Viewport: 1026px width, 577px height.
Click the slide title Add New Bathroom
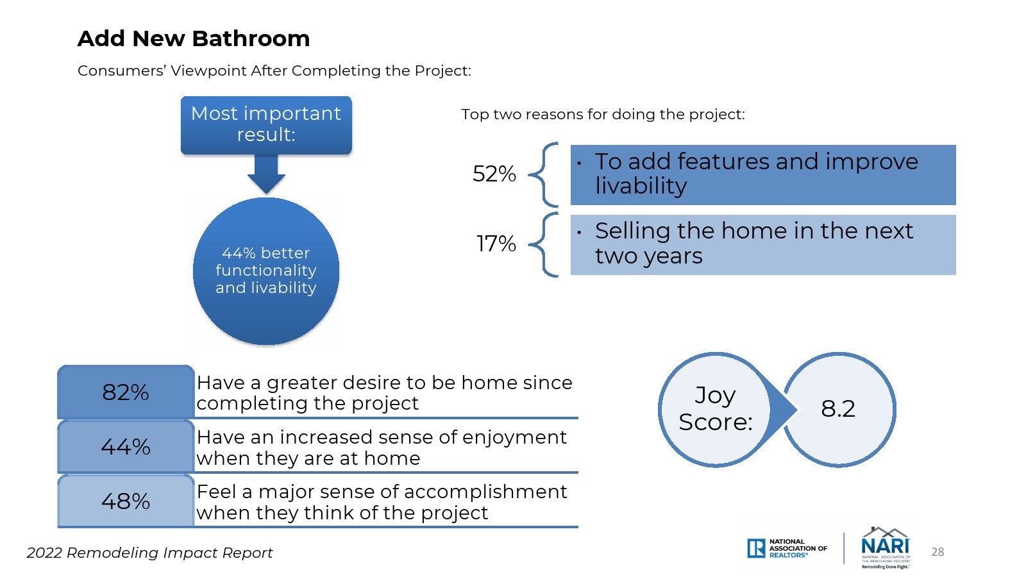[193, 38]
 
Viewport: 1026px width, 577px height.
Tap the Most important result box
[266, 125]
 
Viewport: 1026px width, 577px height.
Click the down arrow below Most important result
[266, 174]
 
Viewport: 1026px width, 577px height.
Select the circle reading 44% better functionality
[266, 271]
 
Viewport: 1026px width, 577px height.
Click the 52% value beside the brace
[494, 174]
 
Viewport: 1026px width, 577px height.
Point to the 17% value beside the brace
[496, 244]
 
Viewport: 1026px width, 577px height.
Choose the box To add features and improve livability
[763, 175]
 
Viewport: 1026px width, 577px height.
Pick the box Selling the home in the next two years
[763, 244]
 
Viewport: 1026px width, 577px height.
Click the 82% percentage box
[126, 392]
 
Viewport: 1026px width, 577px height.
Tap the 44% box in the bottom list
[126, 446]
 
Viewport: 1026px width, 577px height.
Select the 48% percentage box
[126, 501]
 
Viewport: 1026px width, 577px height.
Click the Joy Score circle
[716, 410]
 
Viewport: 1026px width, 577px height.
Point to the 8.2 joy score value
[838, 408]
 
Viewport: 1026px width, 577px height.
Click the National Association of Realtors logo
[787, 548]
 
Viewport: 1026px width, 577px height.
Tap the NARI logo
[886, 548]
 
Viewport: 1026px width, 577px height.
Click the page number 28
[938, 552]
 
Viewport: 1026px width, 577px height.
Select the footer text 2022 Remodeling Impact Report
[149, 553]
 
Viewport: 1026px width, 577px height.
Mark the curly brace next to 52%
[544, 174]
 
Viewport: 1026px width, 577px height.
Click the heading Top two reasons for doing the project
[603, 115]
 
